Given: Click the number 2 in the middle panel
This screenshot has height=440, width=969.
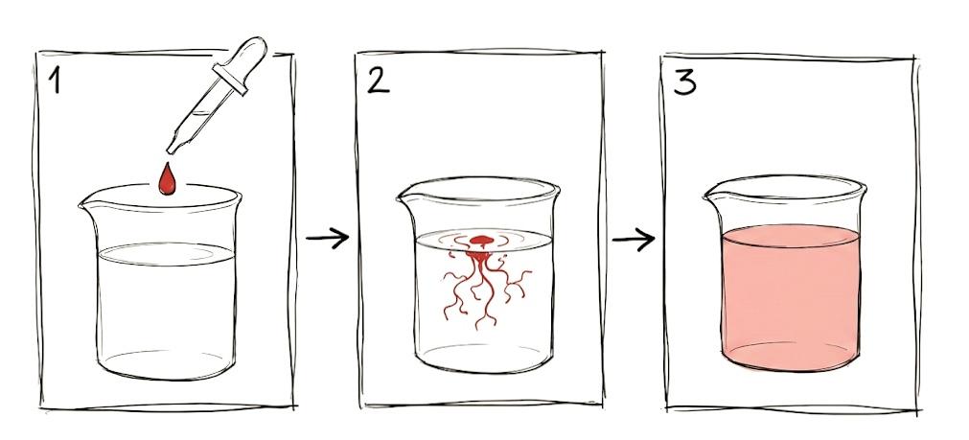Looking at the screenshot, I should [x=378, y=81].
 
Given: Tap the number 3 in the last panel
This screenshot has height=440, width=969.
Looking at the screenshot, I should [x=684, y=81].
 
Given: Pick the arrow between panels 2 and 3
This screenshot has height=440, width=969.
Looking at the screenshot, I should [x=634, y=238].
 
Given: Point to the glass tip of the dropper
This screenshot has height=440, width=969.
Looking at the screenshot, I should [x=174, y=146].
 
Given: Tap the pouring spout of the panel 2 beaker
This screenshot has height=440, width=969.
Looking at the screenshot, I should [x=404, y=198].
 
